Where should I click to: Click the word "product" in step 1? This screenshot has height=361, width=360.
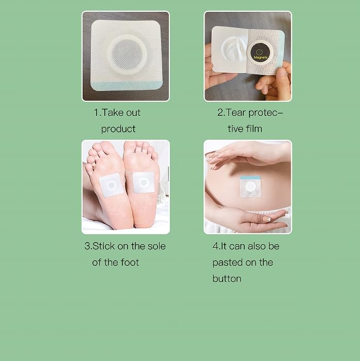(118, 129)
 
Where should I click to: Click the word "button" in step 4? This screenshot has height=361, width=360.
(227, 278)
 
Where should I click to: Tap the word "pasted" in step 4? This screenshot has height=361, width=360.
(228, 262)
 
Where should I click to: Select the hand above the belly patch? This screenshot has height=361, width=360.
(243, 155)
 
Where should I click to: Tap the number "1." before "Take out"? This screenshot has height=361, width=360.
(97, 113)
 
